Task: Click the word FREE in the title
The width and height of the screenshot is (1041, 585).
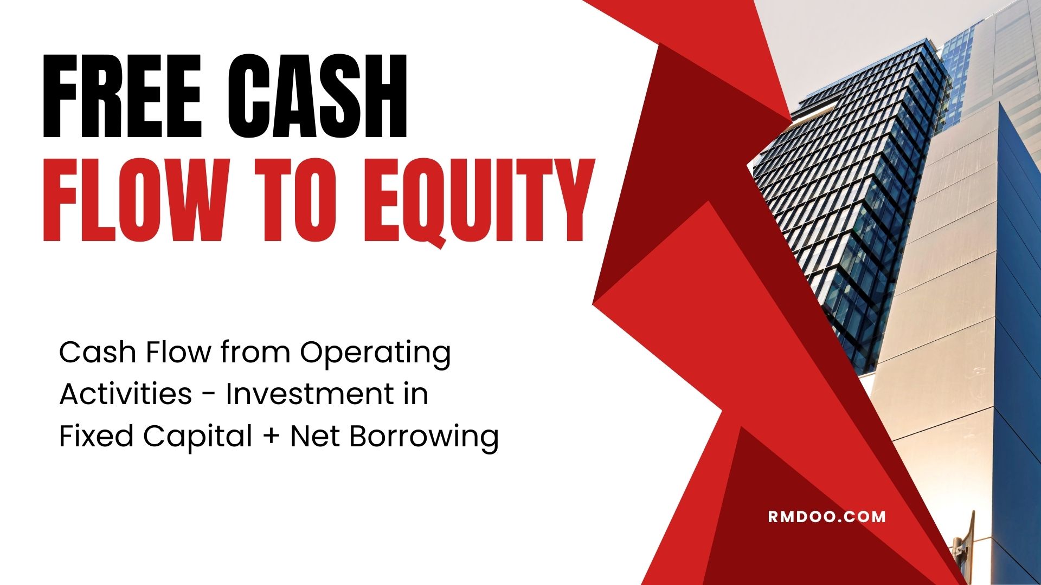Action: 122,96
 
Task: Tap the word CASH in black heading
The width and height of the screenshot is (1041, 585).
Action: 317,96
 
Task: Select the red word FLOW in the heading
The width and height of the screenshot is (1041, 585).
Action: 133,200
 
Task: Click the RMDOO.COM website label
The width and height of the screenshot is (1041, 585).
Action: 827,516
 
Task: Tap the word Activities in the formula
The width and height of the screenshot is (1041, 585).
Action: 126,394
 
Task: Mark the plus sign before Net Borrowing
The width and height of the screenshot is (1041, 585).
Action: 273,437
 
